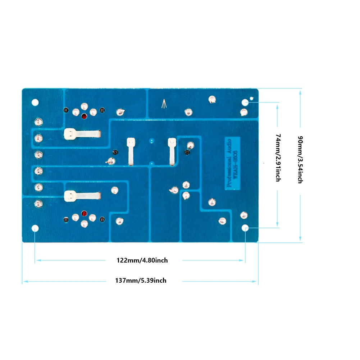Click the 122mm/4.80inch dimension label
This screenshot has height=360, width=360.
[x=142, y=260]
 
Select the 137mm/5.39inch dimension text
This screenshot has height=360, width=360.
[x=141, y=281]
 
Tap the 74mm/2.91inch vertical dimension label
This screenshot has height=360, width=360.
[x=278, y=157]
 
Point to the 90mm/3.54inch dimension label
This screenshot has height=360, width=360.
[x=299, y=159]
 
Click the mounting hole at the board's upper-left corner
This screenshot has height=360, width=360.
[x=35, y=102]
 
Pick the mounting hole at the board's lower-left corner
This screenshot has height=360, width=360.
[x=35, y=228]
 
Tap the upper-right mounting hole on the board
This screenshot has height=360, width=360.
[x=245, y=102]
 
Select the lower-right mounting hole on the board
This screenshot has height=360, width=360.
[x=245, y=228]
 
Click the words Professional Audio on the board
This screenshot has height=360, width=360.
[x=229, y=162]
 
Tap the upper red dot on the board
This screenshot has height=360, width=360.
[x=84, y=116]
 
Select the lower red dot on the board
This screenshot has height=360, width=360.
[x=85, y=214]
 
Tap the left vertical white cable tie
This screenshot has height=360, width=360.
[x=131, y=152]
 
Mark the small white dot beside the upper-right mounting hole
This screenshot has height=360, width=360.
[x=252, y=97]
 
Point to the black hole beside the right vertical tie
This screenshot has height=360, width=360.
[x=187, y=152]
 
